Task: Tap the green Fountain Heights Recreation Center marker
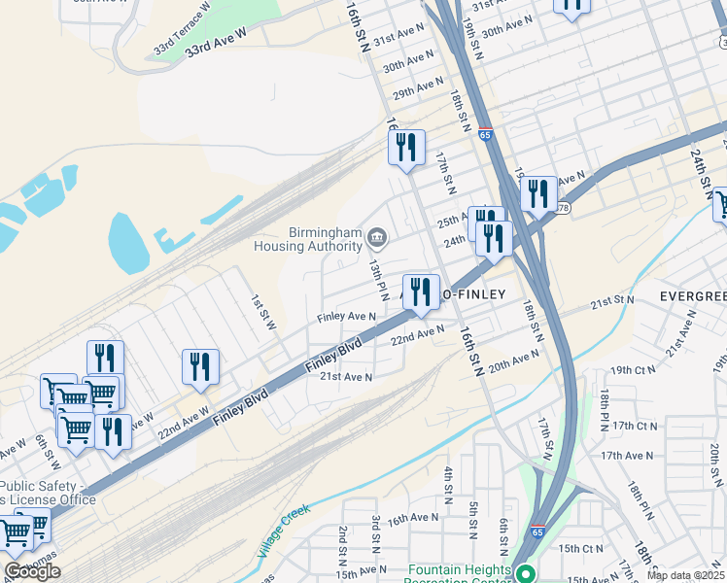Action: click(526, 574)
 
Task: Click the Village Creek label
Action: click(283, 531)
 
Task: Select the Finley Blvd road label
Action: click(333, 356)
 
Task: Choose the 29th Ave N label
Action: click(417, 90)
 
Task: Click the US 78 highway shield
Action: click(563, 208)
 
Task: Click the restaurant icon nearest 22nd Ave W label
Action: click(199, 366)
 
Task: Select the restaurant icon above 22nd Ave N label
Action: click(421, 291)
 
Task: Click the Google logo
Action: click(32, 571)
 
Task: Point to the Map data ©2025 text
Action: click(685, 575)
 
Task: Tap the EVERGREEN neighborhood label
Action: click(691, 295)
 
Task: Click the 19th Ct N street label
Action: click(634, 371)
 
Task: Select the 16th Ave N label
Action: click(412, 520)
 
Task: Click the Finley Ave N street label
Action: click(347, 317)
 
